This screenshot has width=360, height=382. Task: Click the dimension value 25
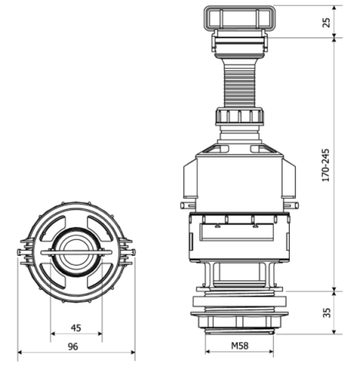click(x=326, y=22)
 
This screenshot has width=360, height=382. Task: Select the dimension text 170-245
click(x=326, y=165)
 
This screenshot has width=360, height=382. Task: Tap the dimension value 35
click(x=326, y=312)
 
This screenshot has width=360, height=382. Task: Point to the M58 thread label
click(x=239, y=345)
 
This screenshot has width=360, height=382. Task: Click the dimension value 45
click(x=76, y=328)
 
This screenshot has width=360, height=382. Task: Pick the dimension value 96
click(x=73, y=347)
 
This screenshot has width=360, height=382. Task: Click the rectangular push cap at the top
click(x=240, y=18)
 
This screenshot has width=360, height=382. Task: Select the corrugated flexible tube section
click(x=240, y=84)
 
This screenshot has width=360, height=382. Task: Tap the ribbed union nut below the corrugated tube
click(x=240, y=116)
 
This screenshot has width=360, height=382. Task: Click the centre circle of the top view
click(x=76, y=252)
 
